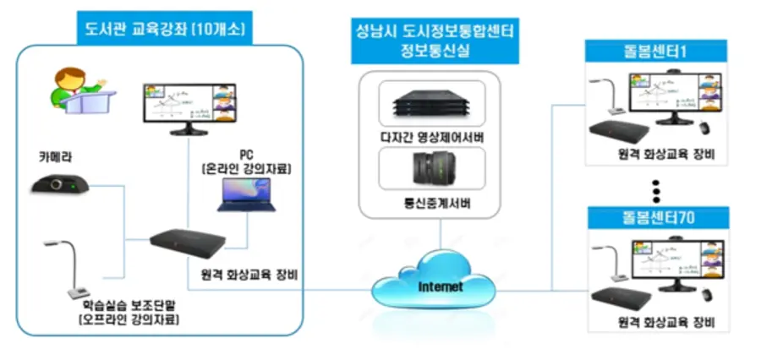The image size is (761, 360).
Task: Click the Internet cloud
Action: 440,286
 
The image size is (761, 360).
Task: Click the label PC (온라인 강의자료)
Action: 246,163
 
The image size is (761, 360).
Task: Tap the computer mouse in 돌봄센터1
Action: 704,128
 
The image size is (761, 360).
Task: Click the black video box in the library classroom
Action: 189,243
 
